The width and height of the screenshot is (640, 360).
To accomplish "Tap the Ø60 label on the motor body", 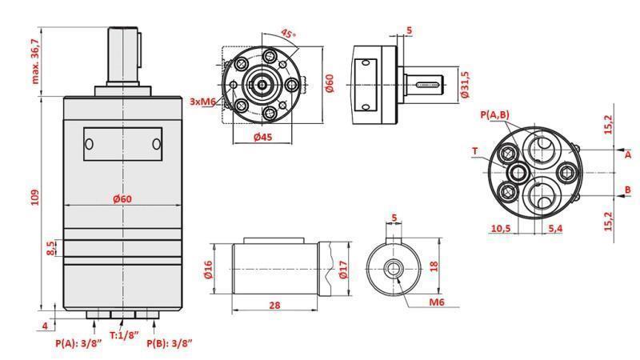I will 122,198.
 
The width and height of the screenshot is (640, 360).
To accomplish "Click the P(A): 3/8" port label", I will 78,343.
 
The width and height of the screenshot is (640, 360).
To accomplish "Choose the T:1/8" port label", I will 124,335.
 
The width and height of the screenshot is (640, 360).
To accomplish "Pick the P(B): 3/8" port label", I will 170,343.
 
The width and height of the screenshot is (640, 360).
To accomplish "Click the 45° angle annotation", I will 288,34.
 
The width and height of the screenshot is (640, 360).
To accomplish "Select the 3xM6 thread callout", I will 203,102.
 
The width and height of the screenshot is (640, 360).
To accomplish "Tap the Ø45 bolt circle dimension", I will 262,137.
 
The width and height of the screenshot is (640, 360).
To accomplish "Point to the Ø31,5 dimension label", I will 465,84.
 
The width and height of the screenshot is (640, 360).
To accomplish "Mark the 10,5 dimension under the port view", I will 500,228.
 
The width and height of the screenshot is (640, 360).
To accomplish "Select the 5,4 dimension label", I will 555,228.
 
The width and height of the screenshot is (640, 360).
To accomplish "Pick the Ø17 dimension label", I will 345,270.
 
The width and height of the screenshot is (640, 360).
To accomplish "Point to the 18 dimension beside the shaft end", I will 434,266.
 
